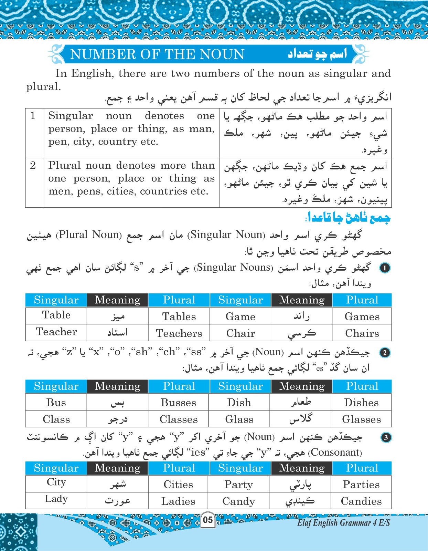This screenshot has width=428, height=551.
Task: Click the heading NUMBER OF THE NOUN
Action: pos(157,54)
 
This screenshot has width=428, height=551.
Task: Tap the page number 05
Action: pos(208,519)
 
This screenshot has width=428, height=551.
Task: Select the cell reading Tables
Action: pos(179,316)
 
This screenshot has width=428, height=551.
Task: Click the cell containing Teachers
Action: pos(179,333)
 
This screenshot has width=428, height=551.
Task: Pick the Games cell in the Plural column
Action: pos(362,316)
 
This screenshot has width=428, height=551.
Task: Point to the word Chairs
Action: pos(362,333)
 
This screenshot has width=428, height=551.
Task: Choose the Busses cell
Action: pos(178,403)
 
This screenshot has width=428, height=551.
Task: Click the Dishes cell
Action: pos(361,403)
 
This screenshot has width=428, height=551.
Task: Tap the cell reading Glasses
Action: pos(361,419)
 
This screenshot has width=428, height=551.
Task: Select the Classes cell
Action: pos(178,419)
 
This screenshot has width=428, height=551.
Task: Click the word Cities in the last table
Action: pos(178,485)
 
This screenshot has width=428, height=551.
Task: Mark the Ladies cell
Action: pos(178,501)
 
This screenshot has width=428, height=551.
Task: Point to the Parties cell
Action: pos(361,485)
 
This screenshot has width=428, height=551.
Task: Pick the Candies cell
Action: pos(361,501)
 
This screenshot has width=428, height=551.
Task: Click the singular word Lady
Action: pos(56,499)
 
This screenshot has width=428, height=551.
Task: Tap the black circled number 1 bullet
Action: pos(385,268)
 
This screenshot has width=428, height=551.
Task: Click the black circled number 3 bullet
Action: pos(386,437)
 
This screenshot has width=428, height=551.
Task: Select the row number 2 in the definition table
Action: pos(33,165)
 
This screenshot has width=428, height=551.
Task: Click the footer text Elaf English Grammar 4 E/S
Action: pos(343,523)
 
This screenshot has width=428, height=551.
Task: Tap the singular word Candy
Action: pos(238,501)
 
